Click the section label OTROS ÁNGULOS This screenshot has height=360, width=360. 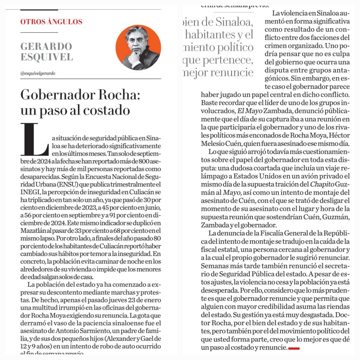(51, 21)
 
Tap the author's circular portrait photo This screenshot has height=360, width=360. (138, 47)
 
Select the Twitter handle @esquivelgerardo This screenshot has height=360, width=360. (38, 73)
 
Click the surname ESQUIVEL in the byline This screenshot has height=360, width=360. (46, 57)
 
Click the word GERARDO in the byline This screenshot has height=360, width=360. (46, 46)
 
